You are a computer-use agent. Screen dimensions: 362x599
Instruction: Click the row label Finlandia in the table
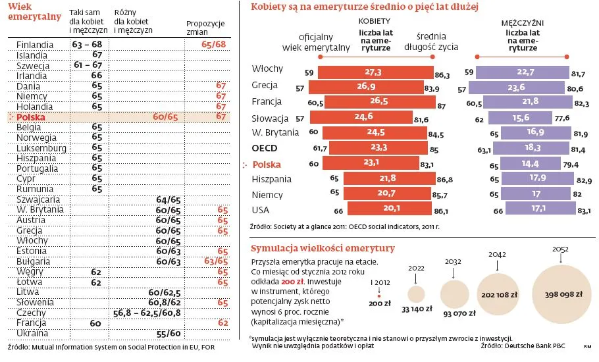point(35,44)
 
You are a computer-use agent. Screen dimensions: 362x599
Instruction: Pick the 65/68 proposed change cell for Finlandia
point(215,44)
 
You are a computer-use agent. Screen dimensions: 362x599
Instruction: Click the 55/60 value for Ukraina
point(169,334)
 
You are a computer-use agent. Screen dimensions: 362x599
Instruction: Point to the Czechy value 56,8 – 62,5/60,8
point(147,313)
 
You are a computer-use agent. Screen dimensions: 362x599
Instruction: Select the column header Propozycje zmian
point(205,28)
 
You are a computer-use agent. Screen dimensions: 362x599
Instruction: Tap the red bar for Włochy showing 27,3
point(374,72)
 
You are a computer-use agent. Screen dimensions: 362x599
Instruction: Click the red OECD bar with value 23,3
point(378,148)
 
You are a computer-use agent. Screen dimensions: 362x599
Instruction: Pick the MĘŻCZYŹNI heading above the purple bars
point(521,22)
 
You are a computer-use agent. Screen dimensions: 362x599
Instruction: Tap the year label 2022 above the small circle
point(416,269)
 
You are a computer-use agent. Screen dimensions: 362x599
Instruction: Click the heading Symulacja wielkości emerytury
point(323,248)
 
